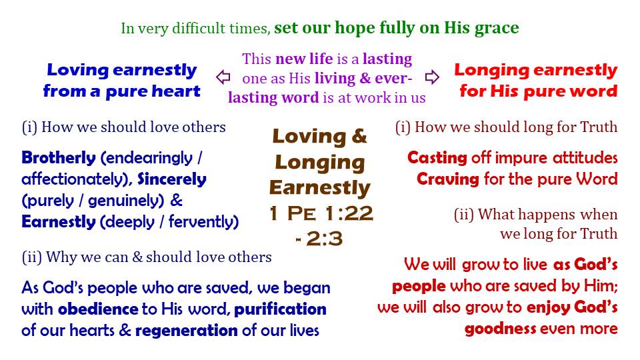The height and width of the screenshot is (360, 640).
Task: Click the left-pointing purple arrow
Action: click(x=223, y=77)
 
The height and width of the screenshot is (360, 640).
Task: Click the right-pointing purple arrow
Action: click(x=432, y=77)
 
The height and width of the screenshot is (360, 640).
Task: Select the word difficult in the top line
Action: click(x=199, y=28)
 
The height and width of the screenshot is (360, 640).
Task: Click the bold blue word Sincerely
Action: click(x=172, y=179)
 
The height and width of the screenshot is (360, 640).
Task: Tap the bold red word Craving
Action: click(x=448, y=179)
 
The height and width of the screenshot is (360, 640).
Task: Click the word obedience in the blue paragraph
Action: click(x=98, y=309)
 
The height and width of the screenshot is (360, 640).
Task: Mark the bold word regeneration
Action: click(x=187, y=331)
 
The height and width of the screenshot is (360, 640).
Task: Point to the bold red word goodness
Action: click(x=501, y=329)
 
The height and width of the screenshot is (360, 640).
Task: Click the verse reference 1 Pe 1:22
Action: click(x=321, y=213)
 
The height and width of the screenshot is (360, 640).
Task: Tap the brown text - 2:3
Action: click(x=319, y=239)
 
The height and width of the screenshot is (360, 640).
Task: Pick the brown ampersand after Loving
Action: click(x=359, y=136)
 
